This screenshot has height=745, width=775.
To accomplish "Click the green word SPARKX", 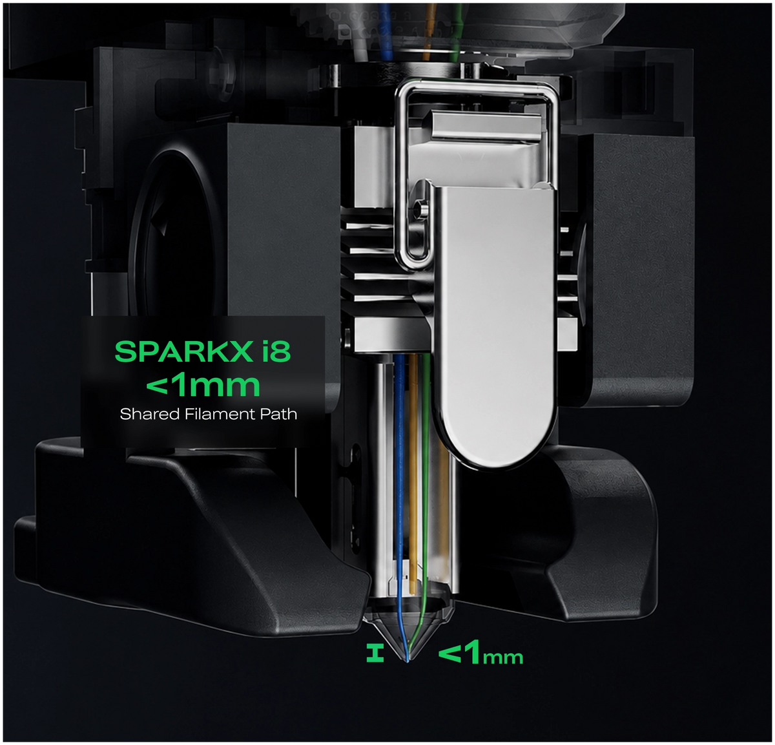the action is coord(183,351).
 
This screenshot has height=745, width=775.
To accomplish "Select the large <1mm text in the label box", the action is coord(203,385).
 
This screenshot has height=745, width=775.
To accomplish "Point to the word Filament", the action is coord(220,414).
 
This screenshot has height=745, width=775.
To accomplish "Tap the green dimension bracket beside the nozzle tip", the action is coord(375,654).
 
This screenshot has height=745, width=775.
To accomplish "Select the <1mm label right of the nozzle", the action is coord(480,654).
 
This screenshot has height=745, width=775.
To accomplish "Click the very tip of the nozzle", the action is coord(408,662).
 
